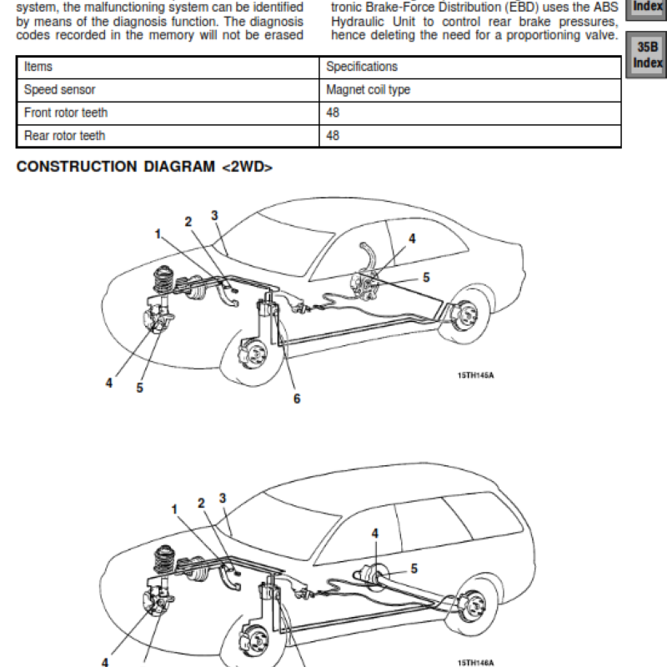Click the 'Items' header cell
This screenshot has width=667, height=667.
point(38,67)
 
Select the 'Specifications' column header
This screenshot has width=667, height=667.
point(362,67)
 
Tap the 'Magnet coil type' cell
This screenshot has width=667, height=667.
point(368,90)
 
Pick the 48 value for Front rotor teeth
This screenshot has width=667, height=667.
point(333,113)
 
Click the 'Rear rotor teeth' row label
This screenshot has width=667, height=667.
point(65,135)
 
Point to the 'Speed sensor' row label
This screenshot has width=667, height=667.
point(59,90)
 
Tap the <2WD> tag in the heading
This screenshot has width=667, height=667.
point(247,168)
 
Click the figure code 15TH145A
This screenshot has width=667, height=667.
point(475,375)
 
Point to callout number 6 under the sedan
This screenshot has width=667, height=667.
point(296,399)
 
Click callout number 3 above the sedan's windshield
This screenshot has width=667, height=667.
point(214,216)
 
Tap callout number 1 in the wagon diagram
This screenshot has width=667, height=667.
point(175,509)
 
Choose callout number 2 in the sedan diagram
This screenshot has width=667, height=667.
point(188,221)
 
